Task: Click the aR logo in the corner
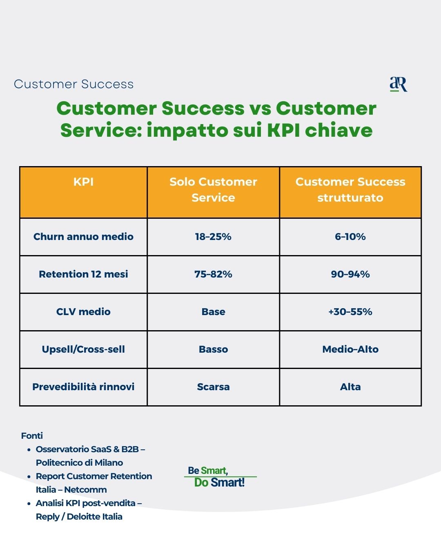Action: tap(398, 84)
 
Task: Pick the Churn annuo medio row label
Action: tap(83, 237)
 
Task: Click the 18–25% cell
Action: tap(213, 237)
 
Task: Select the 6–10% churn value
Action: tap(350, 237)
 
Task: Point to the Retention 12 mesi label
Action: tap(83, 274)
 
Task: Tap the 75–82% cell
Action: tap(213, 274)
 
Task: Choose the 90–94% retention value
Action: tap(350, 274)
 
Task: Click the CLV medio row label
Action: tap(83, 312)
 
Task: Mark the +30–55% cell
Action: tap(350, 312)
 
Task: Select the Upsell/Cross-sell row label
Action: tap(83, 349)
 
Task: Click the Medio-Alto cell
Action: tap(350, 349)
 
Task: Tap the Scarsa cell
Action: tap(213, 387)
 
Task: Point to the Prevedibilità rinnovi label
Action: tap(83, 387)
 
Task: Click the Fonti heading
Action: tap(32, 435)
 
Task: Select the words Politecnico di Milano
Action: tap(79, 463)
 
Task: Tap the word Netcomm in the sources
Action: tap(85, 489)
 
